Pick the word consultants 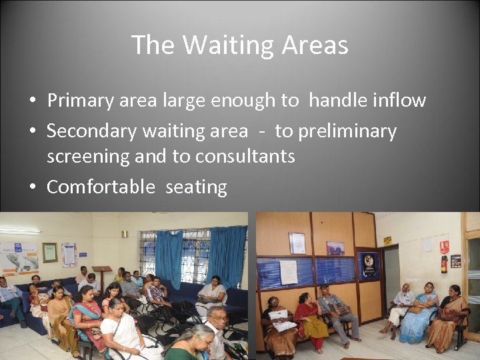245,156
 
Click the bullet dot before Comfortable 32,187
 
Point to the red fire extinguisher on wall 444,264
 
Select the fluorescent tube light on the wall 20,231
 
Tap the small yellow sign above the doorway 387,241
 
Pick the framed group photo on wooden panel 335,248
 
